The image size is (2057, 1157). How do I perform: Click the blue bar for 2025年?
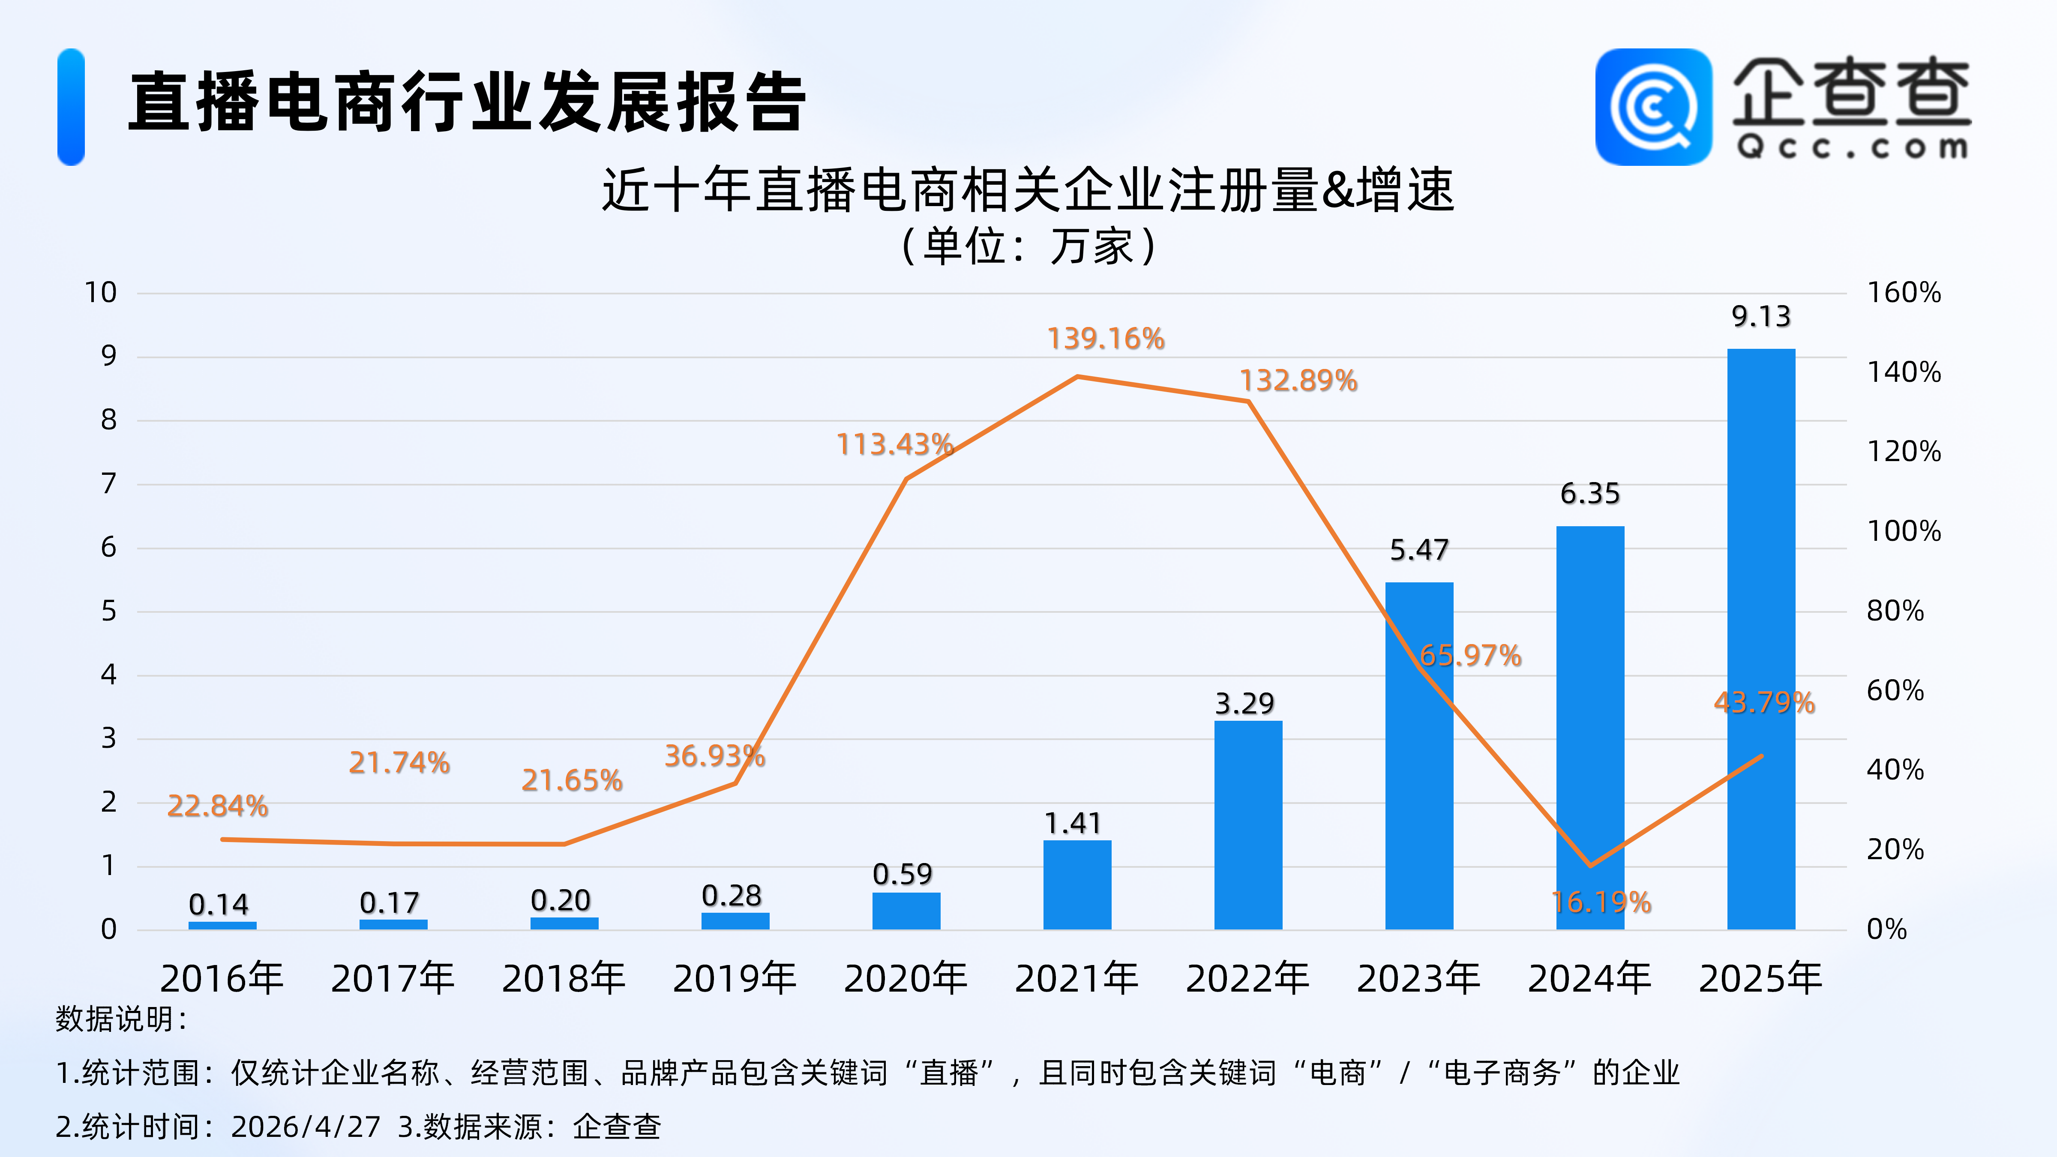pyautogui.click(x=1761, y=639)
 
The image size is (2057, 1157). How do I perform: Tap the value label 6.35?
pyautogui.click(x=1590, y=494)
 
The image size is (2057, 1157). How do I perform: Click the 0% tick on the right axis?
pyautogui.click(x=1886, y=929)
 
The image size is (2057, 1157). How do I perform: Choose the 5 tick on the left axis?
pyautogui.click(x=108, y=611)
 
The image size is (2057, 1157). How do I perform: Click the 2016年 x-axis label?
pyautogui.click(x=222, y=979)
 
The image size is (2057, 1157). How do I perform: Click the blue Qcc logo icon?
pyautogui.click(x=1653, y=107)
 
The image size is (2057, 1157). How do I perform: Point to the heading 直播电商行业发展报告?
pyautogui.click(x=467, y=102)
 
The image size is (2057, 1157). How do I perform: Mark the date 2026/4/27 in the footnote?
pyautogui.click(x=306, y=1127)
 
